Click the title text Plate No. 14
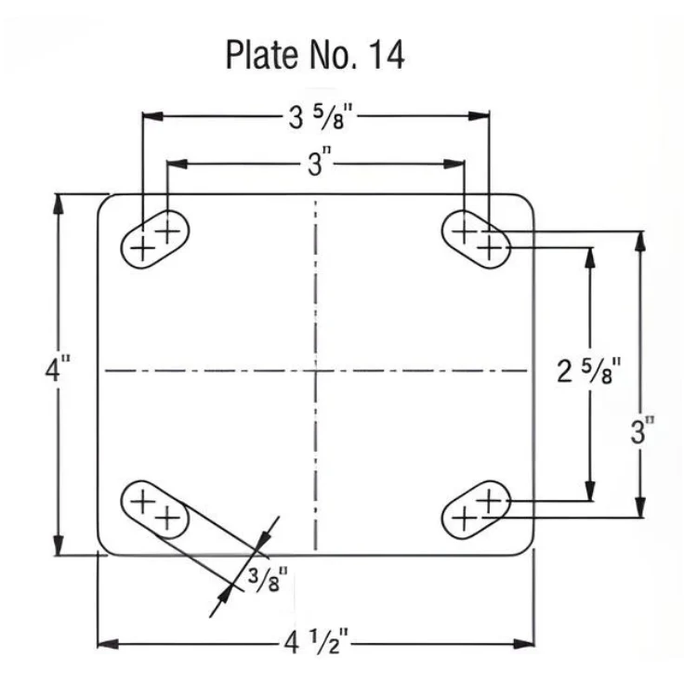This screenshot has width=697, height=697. tap(315, 55)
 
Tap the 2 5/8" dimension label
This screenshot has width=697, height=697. tap(587, 371)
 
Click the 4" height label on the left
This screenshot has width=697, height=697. tap(58, 368)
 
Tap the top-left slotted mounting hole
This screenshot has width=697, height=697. tap(155, 239)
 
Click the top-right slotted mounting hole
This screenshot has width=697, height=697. tap(476, 239)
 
